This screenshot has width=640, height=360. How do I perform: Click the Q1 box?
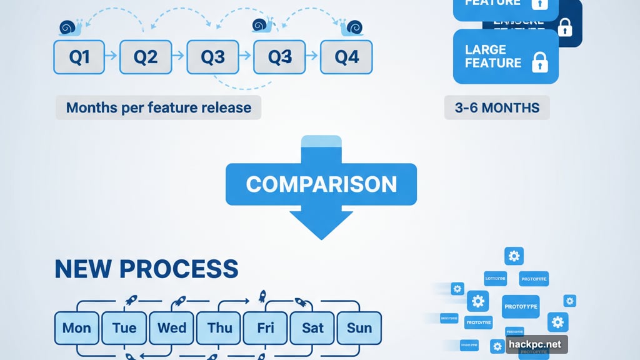[79, 57]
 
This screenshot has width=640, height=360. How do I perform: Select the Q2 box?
[146, 57]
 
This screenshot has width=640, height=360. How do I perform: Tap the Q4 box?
[346, 57]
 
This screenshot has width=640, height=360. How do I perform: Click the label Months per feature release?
[159, 107]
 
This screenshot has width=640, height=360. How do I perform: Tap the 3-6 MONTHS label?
[497, 107]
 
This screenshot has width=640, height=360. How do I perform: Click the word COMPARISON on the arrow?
[321, 184]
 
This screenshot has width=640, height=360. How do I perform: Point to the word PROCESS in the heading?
[178, 268]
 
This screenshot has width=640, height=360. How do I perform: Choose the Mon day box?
[77, 327]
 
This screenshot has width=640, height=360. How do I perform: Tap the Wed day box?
[171, 327]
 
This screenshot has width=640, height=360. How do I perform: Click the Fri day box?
[266, 327]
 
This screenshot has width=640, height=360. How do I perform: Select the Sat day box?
[312, 327]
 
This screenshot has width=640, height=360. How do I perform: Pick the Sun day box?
[359, 327]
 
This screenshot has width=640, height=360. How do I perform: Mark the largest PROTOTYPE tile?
[520, 306]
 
